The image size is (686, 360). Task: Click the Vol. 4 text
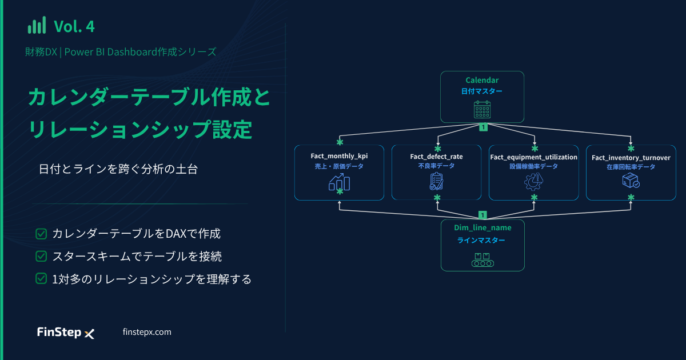pyautogui.click(x=74, y=26)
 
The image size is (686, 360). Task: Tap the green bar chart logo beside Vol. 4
pyautogui.click(x=37, y=25)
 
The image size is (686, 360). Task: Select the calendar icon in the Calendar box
pyautogui.click(x=482, y=110)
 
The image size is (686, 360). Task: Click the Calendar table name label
pyautogui.click(x=482, y=80)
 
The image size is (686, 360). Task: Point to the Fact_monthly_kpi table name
pyautogui.click(x=339, y=156)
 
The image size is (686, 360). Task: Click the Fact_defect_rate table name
pyautogui.click(x=436, y=157)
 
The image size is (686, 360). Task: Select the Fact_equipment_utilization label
pyautogui.click(x=533, y=157)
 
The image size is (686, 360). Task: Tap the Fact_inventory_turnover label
pyautogui.click(x=631, y=158)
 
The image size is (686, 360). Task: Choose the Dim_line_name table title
pyautogui.click(x=482, y=228)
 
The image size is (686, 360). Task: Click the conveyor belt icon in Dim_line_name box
pyautogui.click(x=482, y=260)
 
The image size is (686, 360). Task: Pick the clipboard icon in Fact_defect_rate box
pyautogui.click(x=436, y=181)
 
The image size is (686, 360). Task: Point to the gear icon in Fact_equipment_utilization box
pyautogui.click(x=533, y=182)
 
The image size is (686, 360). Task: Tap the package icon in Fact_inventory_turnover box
pyautogui.click(x=631, y=181)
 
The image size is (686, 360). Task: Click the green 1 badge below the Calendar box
pyautogui.click(x=483, y=127)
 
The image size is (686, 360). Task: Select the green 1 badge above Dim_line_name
pyautogui.click(x=482, y=215)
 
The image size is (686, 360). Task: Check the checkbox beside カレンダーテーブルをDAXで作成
pyautogui.click(x=41, y=234)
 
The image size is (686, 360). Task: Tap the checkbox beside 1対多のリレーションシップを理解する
pyautogui.click(x=41, y=279)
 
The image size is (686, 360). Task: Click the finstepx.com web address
pyautogui.click(x=147, y=332)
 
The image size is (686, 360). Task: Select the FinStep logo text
pyautogui.click(x=59, y=332)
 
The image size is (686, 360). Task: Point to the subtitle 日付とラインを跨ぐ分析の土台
pyautogui.click(x=118, y=169)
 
